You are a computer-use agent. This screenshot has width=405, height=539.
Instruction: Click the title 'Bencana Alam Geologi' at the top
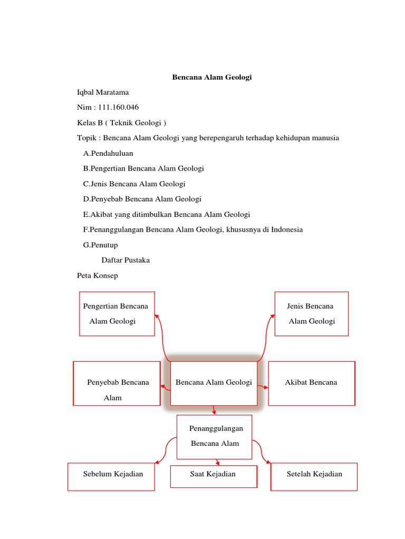click(x=212, y=77)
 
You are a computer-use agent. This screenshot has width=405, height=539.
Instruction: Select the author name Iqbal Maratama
click(x=103, y=93)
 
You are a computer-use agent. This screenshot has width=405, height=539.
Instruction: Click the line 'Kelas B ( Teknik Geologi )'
click(x=121, y=123)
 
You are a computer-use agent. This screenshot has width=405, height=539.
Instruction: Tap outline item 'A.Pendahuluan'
click(x=108, y=153)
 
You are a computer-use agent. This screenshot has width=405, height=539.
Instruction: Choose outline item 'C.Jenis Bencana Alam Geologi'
click(x=134, y=184)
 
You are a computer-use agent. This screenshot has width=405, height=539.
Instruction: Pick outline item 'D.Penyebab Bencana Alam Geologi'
click(x=142, y=199)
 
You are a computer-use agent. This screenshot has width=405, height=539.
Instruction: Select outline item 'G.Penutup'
click(x=100, y=245)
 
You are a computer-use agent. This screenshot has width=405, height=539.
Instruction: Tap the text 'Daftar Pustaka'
click(x=126, y=260)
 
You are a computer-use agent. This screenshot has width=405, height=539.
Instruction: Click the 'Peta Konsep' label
click(x=98, y=275)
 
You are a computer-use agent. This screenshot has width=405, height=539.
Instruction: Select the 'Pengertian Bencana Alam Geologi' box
click(x=117, y=314)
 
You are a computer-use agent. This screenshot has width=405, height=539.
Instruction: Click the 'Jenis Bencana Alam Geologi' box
click(x=311, y=314)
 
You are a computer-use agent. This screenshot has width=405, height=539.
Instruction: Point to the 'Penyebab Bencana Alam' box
click(x=117, y=383)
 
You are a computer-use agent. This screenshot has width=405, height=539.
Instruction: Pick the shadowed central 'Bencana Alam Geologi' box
click(x=214, y=383)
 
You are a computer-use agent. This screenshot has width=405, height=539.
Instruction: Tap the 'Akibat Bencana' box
click(x=311, y=383)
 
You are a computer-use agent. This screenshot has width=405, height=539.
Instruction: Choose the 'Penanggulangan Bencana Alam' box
click(x=214, y=436)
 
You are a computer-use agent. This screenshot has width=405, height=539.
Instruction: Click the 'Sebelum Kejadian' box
click(x=111, y=476)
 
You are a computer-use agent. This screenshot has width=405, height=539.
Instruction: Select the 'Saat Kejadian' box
click(x=213, y=475)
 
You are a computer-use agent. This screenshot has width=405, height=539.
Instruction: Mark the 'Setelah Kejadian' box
click(x=314, y=476)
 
